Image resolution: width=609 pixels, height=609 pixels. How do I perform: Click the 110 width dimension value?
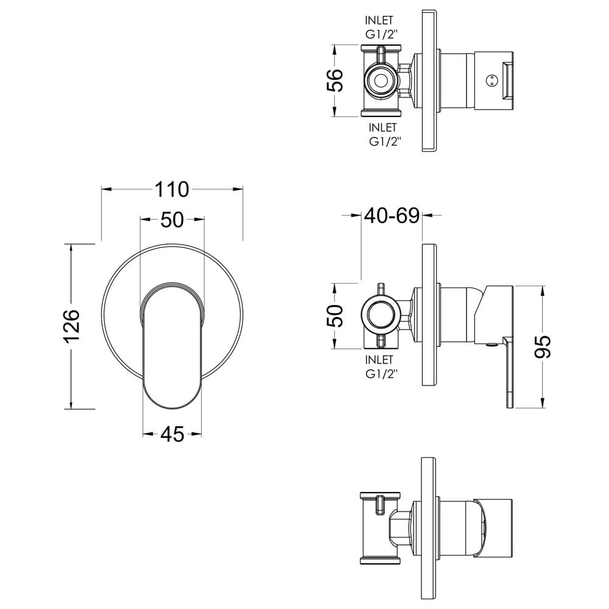(x=172, y=189)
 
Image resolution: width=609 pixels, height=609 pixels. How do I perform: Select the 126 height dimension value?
(x=71, y=326)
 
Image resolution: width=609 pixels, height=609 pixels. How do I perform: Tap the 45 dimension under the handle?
(x=172, y=434)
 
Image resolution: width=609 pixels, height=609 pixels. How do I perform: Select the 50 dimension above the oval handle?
(x=172, y=220)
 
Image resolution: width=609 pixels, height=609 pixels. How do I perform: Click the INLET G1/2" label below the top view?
(x=384, y=135)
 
